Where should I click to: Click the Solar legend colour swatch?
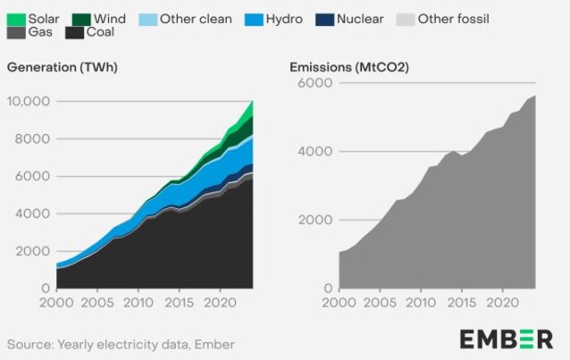pyautogui.click(x=15, y=18)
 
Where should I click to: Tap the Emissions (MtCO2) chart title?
pyautogui.click(x=344, y=67)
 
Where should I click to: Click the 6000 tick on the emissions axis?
pyautogui.click(x=315, y=83)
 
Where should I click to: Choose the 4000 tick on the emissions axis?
pyautogui.click(x=315, y=151)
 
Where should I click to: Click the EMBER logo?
pyautogui.click(x=506, y=339)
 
